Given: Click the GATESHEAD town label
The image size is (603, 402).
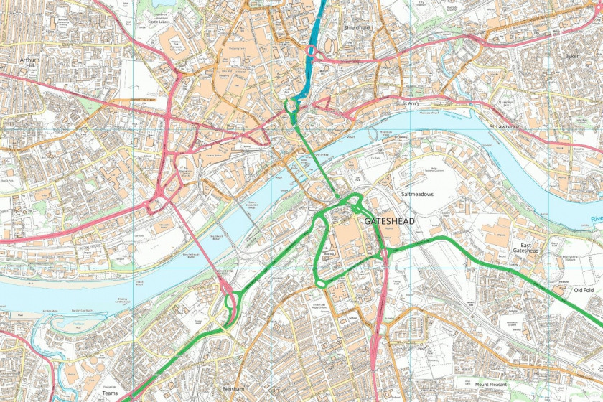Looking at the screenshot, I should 391,222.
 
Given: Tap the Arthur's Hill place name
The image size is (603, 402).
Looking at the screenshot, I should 30,64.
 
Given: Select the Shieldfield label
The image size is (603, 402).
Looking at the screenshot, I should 356,27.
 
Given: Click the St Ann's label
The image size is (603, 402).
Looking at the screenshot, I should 410,103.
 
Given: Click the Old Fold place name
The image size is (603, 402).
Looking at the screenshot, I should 584,291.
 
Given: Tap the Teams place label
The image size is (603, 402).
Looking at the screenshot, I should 110,393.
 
